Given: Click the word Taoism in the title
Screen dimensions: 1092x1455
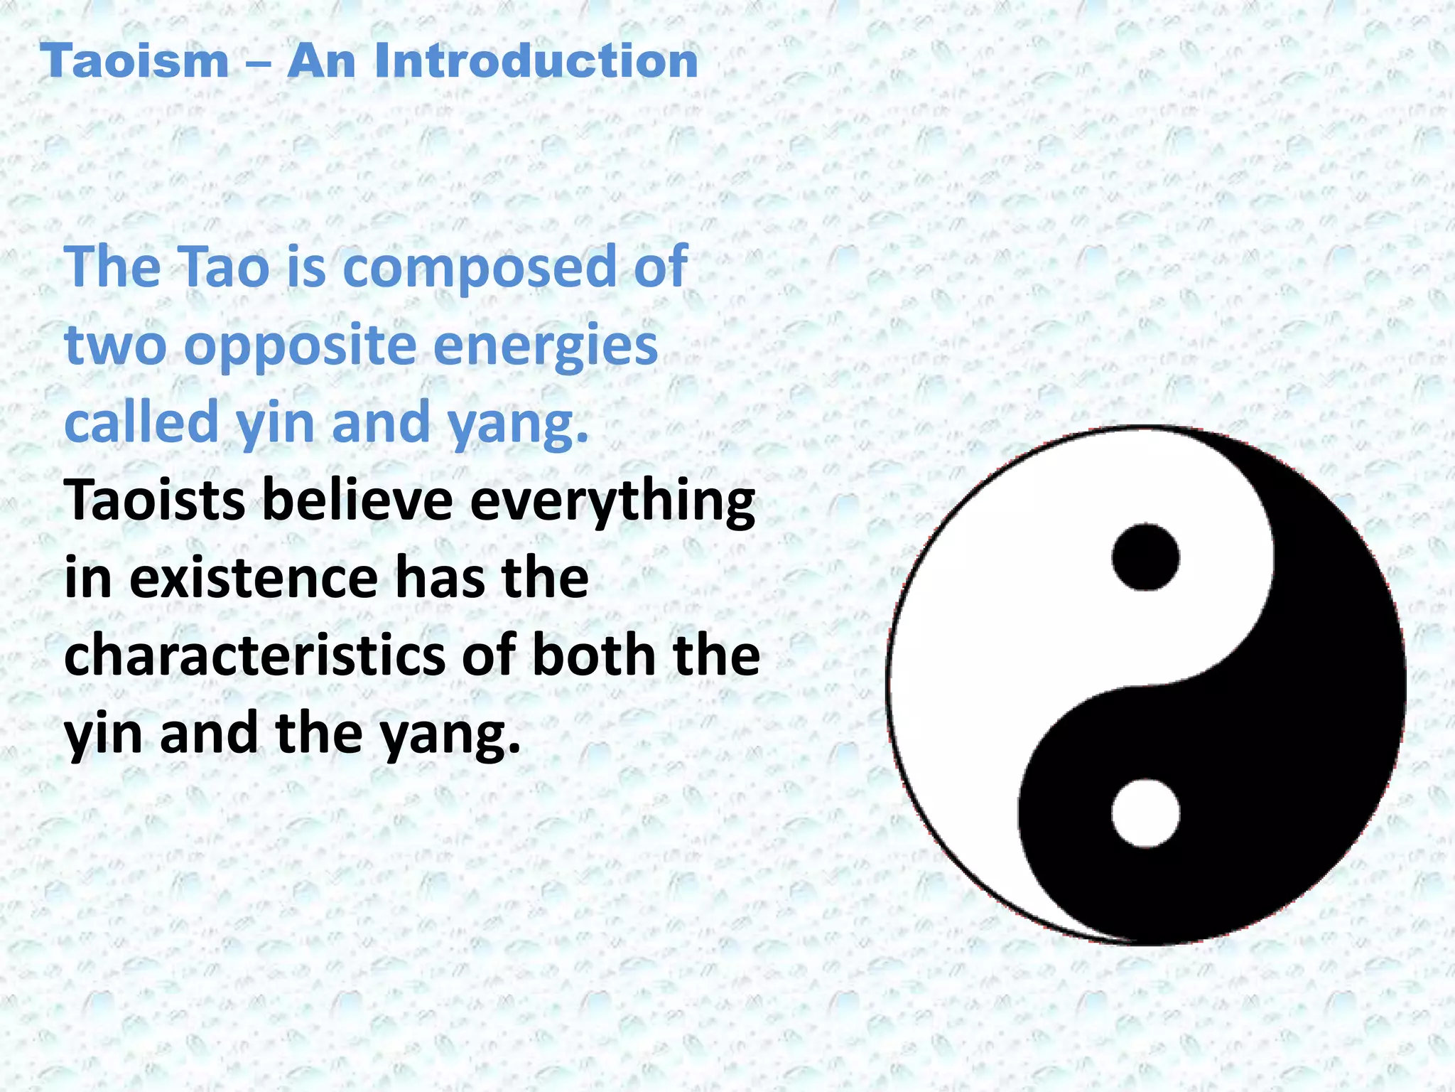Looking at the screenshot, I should [134, 61].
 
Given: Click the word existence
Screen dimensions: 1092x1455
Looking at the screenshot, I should [253, 578].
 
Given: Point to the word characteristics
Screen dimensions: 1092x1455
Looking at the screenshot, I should [254, 655].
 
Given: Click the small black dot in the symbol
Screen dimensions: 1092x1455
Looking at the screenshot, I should [1145, 557].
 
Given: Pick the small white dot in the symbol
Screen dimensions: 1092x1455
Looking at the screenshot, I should [1145, 813].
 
